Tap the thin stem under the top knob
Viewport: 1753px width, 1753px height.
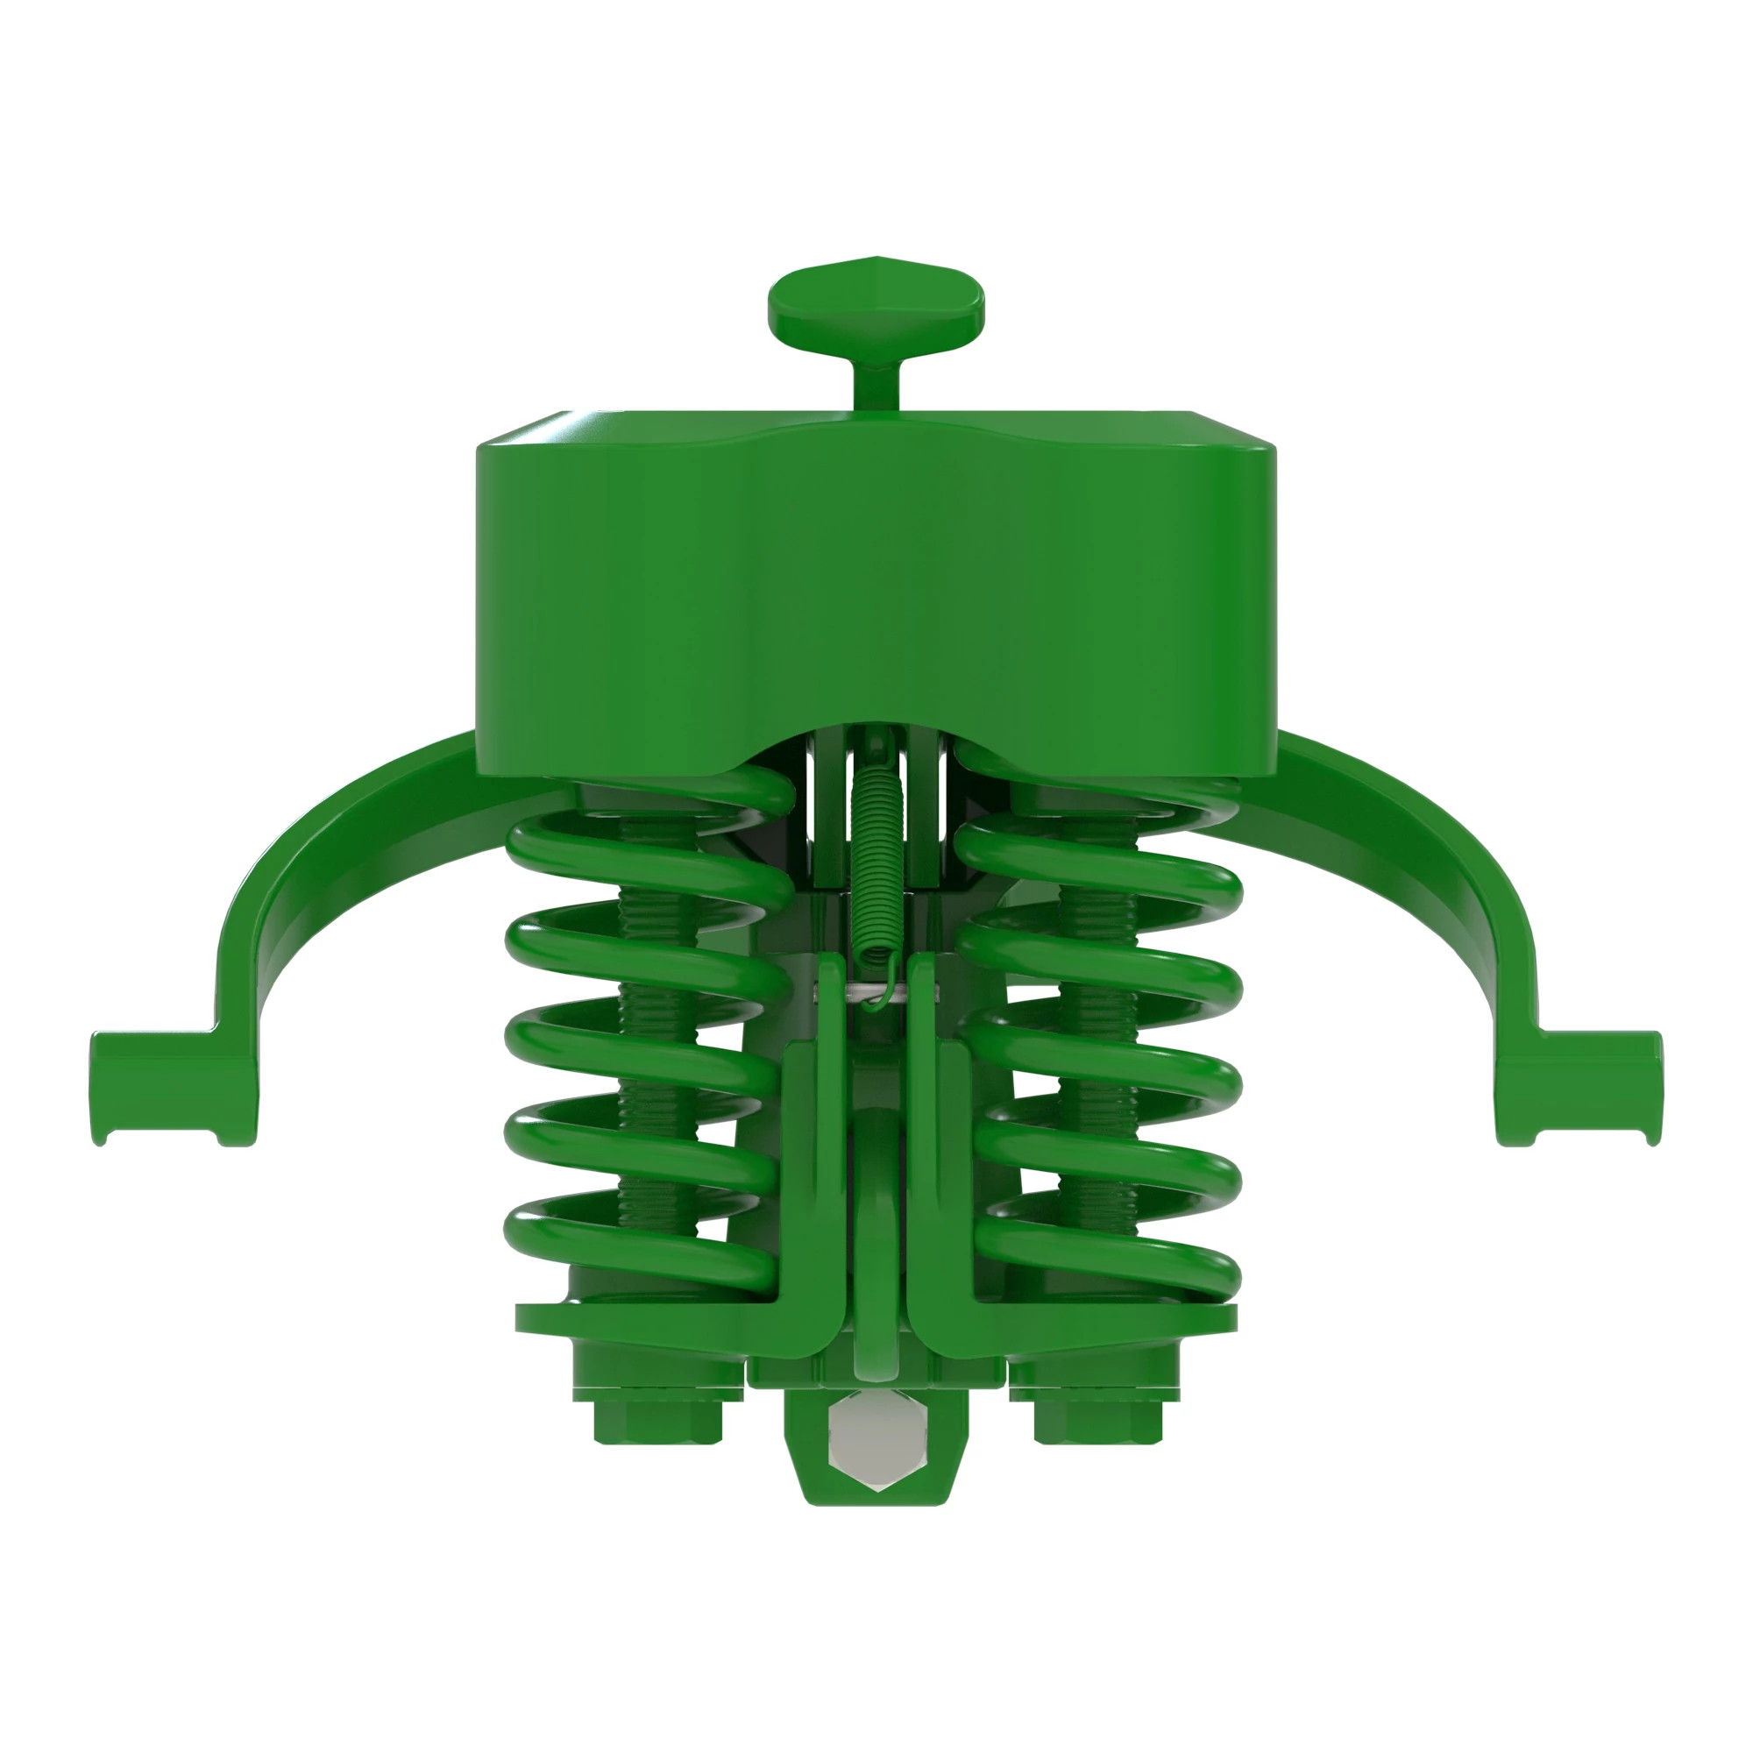click(x=876, y=381)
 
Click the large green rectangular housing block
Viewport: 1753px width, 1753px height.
click(x=876, y=590)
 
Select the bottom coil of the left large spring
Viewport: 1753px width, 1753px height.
click(x=635, y=1247)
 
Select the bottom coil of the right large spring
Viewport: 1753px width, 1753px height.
click(x=1116, y=1247)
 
